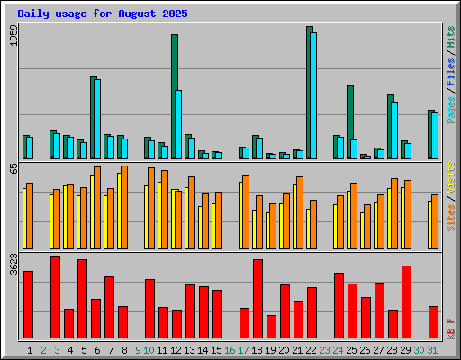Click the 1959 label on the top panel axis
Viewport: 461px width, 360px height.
point(13,35)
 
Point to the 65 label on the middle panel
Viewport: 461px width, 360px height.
point(13,168)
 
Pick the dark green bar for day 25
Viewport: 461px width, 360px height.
point(349,121)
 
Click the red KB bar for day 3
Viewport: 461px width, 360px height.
point(56,296)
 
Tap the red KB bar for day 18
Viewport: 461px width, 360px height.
point(258,298)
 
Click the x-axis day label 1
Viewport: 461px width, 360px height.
point(30,349)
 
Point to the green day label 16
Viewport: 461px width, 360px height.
point(230,349)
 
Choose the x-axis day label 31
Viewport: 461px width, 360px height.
point(433,349)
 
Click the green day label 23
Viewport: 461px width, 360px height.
point(324,349)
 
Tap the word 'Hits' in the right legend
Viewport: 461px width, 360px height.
point(451,37)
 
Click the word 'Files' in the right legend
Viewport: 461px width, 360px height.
point(451,75)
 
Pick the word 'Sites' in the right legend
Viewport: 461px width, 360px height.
point(451,217)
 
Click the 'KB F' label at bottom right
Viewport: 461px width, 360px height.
point(451,326)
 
